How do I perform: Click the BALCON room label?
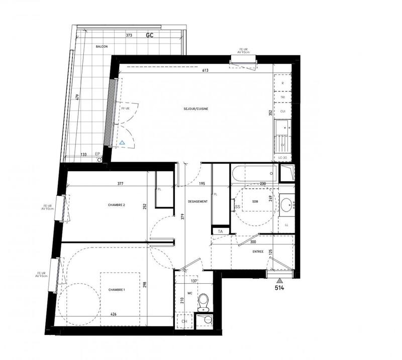[x=102, y=47]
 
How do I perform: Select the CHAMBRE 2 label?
[x=116, y=205]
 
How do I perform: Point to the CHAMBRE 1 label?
[x=116, y=290]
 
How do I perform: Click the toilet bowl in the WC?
[x=204, y=302]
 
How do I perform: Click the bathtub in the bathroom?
[x=255, y=174]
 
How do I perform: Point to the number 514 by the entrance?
[x=279, y=289]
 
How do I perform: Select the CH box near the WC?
[x=184, y=321]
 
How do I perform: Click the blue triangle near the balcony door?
[x=122, y=143]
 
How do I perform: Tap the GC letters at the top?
[x=150, y=35]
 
